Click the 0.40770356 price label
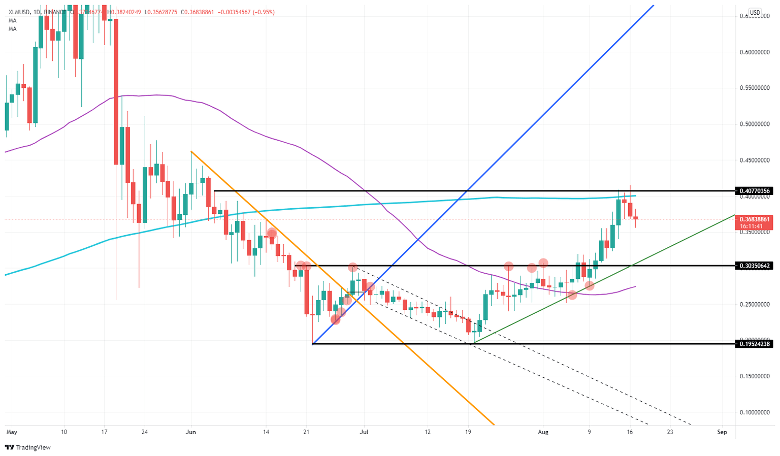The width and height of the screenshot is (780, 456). (755, 191)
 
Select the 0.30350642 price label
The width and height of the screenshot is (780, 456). (755, 266)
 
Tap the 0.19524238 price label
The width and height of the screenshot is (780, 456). (755, 344)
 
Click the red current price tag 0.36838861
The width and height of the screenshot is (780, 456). (755, 219)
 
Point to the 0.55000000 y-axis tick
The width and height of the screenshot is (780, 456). (755, 88)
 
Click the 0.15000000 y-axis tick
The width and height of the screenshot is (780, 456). (755, 376)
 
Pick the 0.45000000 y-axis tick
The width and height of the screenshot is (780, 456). (755, 160)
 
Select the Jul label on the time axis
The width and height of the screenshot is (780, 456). (364, 432)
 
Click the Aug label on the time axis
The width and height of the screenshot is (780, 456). (543, 432)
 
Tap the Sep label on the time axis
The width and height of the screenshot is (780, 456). (722, 432)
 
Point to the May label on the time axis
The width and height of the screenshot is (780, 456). (12, 432)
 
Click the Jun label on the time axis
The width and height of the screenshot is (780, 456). (191, 432)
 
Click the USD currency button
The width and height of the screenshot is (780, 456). (755, 13)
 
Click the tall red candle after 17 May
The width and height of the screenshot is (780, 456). (116, 91)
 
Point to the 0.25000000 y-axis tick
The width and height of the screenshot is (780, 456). (755, 304)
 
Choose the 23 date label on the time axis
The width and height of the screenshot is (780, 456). (670, 432)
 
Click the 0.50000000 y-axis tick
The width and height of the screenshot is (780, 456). (755, 124)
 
